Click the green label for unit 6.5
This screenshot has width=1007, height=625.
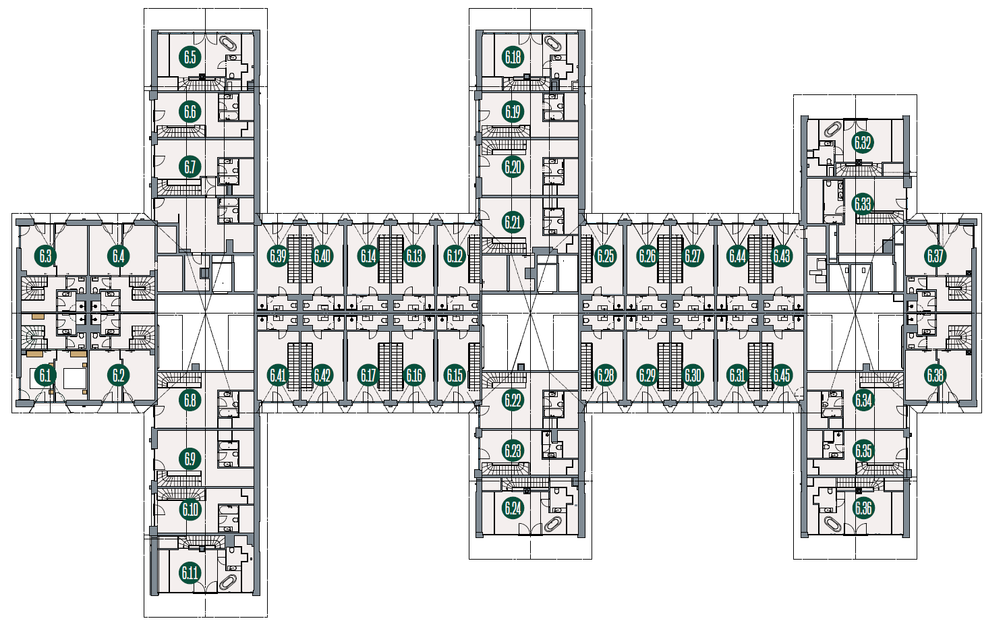[190, 57]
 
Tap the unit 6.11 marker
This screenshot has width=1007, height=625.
[190, 573]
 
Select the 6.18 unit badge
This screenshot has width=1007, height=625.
[513, 57]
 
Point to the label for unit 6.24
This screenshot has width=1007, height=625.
[513, 508]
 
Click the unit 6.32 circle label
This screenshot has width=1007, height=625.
[863, 143]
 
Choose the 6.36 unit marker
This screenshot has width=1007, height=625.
[863, 508]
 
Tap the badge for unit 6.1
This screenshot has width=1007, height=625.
[45, 375]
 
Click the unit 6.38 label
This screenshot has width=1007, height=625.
[935, 375]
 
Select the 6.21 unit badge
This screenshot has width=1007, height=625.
[513, 222]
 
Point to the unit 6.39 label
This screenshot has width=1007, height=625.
[278, 256]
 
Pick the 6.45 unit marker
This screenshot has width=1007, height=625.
[781, 375]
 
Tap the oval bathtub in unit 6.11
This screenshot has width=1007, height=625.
[229, 583]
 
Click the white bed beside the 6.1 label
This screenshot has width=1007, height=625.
[75, 378]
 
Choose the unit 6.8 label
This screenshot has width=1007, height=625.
[190, 400]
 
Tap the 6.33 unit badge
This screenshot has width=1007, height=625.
[863, 204]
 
